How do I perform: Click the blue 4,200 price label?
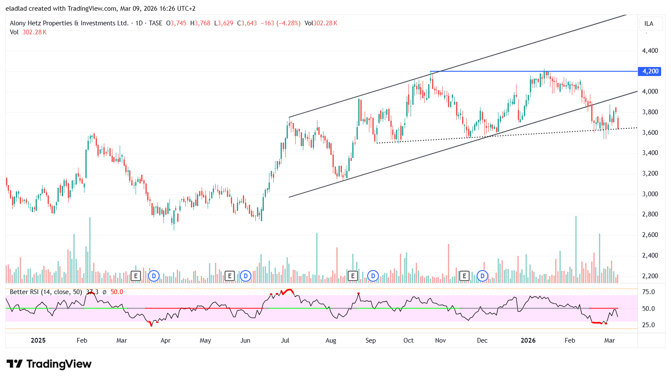(x=650, y=71)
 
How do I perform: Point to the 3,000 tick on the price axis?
(x=650, y=194)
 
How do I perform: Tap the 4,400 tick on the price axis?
(x=650, y=51)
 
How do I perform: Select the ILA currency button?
(x=649, y=24)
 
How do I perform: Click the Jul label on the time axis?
(x=285, y=340)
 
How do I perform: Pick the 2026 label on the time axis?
(x=528, y=340)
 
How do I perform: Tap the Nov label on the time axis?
(x=440, y=340)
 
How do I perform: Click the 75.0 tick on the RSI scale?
(x=648, y=292)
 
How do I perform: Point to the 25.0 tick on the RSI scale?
(x=648, y=325)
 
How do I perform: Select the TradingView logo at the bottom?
(x=49, y=364)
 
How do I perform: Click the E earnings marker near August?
(x=353, y=276)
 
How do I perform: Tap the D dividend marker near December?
(x=483, y=276)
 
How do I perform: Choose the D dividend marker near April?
(x=154, y=276)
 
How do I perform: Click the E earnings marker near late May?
(x=230, y=276)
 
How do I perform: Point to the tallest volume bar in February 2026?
(x=576, y=249)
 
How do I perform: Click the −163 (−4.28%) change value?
(x=281, y=23)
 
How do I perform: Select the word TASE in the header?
(x=155, y=23)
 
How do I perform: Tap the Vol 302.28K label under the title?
(x=28, y=32)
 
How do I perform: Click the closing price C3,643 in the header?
(x=247, y=23)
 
